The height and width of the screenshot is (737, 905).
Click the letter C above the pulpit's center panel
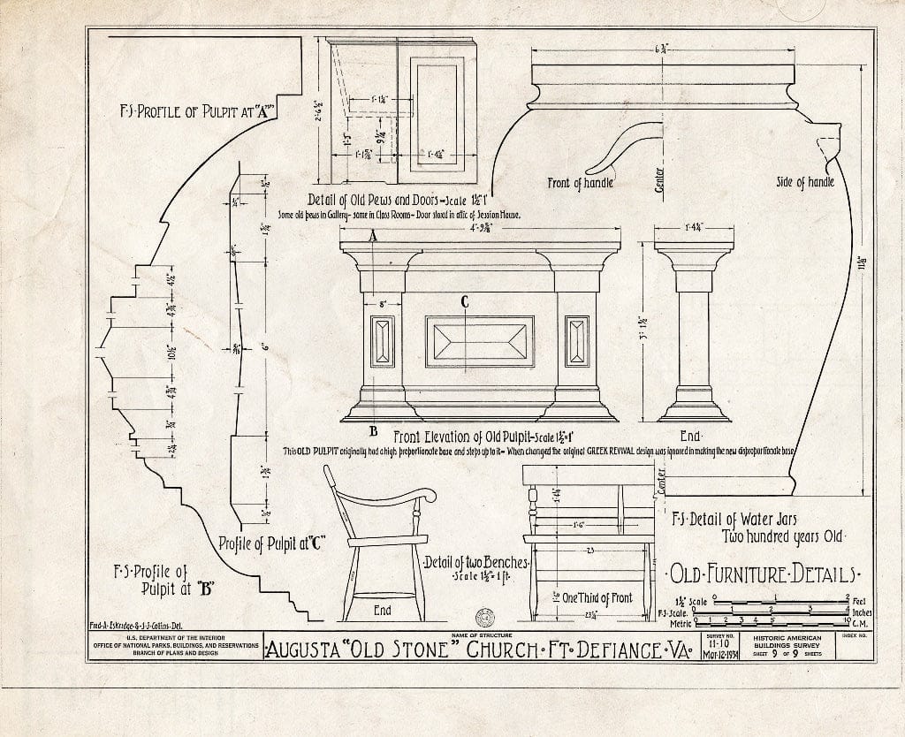463,302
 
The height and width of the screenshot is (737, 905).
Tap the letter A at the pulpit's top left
373,236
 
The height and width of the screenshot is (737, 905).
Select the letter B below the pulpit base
374,431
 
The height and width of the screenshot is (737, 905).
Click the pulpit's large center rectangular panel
480,341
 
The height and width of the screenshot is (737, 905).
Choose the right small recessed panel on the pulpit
577,341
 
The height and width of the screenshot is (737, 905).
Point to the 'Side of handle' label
804,183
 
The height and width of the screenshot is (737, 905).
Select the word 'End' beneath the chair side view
383,611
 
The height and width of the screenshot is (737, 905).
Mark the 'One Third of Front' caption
598,598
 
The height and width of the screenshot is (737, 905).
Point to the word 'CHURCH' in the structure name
512,652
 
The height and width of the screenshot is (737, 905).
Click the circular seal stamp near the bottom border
484,616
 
